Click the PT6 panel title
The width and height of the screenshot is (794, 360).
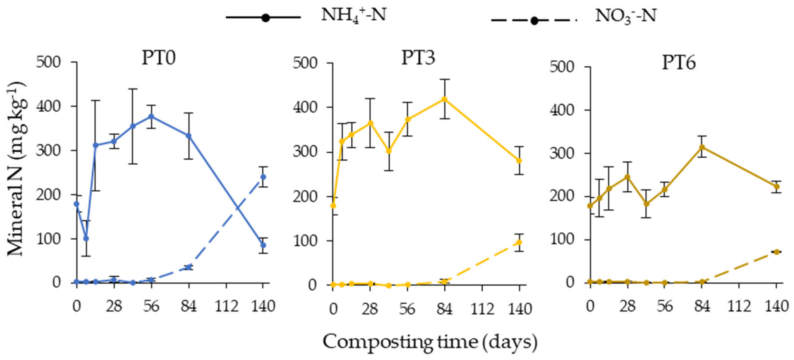click(679, 63)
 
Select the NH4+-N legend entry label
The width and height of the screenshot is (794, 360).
click(354, 15)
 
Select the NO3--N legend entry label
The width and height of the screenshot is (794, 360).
click(625, 16)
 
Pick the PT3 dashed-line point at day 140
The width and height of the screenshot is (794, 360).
click(519, 242)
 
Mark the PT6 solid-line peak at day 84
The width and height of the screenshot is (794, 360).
click(702, 147)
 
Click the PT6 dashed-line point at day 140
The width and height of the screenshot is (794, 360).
click(777, 252)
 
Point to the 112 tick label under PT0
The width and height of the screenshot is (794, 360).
click(227, 307)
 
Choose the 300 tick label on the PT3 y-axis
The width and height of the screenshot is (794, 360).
click(305, 152)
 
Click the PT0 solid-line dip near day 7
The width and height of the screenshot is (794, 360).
click(86, 239)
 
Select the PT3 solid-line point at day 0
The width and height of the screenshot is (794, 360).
click(333, 206)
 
